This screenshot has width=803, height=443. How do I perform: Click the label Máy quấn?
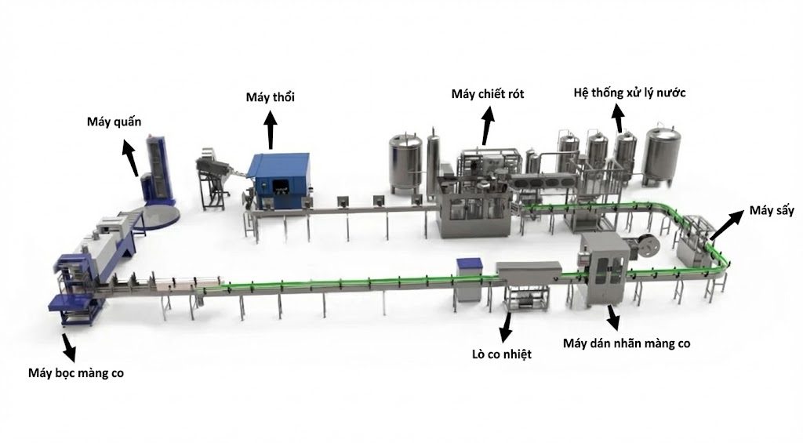(114, 122)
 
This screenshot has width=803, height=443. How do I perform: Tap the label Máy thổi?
(270, 96)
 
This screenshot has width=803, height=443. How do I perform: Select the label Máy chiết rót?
(488, 94)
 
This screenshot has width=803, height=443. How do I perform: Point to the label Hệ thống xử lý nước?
(630, 93)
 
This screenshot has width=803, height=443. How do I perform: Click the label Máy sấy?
(772, 210)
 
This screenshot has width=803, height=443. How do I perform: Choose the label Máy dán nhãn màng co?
(627, 343)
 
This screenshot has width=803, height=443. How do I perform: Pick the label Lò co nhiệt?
(501, 354)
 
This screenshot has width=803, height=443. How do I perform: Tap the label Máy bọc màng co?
(76, 373)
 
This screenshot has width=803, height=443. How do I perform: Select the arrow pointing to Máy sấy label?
(725, 225)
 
